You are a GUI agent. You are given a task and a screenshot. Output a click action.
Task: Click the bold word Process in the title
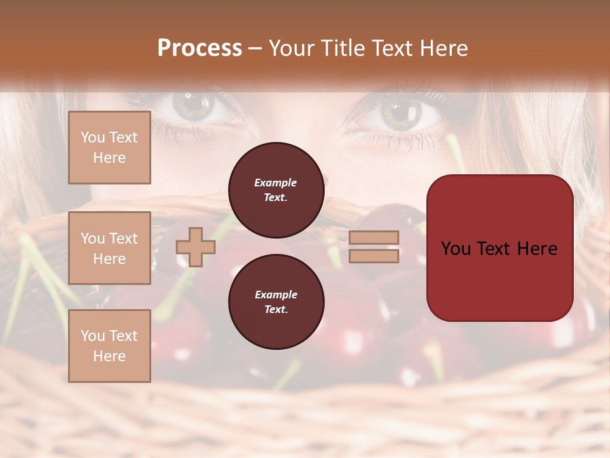(x=200, y=48)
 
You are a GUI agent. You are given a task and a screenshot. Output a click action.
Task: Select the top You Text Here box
(x=109, y=148)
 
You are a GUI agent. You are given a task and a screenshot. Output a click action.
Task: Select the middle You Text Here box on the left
(x=109, y=248)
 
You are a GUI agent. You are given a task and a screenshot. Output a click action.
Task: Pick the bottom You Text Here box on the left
(x=109, y=346)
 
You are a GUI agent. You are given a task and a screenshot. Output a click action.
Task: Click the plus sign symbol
(x=196, y=247)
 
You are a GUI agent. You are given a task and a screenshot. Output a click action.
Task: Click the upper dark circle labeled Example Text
(x=276, y=190)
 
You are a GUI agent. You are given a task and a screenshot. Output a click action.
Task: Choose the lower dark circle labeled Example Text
(x=276, y=302)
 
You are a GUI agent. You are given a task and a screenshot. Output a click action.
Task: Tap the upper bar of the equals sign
(x=374, y=237)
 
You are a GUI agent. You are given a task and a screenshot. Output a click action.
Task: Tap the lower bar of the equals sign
(x=374, y=256)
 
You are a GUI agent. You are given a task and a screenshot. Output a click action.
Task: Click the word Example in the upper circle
(x=276, y=183)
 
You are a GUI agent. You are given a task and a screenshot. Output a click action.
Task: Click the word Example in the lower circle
(x=276, y=295)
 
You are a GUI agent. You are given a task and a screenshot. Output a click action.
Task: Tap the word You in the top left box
(x=93, y=137)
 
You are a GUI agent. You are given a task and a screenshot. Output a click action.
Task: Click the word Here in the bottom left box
(x=109, y=356)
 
